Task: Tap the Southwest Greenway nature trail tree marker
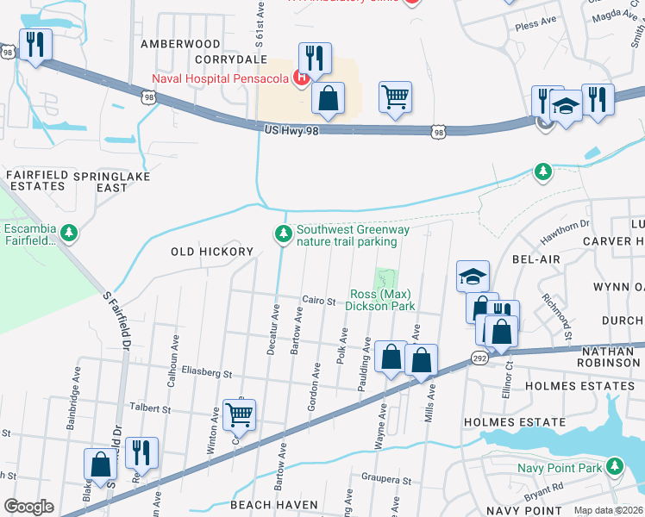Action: (x=282, y=234)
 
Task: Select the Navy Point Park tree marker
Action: (x=614, y=467)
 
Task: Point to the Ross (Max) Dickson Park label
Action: (x=380, y=300)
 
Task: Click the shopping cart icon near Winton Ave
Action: (x=239, y=414)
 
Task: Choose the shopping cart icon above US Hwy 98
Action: (x=395, y=97)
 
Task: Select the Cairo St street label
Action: (x=318, y=302)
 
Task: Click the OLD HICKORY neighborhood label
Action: (x=212, y=252)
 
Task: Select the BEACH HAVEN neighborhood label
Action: (x=273, y=504)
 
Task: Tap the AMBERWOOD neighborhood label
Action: (x=181, y=43)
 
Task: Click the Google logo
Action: (x=28, y=507)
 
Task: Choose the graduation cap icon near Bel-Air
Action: (x=473, y=276)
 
